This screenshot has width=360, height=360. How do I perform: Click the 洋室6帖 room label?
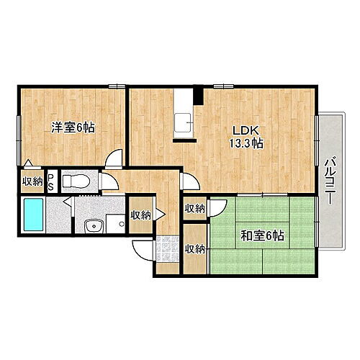[x=73, y=127]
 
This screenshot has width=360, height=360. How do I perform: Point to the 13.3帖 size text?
[x=246, y=144]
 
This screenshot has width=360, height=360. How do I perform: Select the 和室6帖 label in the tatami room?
[x=261, y=235]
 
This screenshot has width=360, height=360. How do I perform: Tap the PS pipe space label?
[x=50, y=181]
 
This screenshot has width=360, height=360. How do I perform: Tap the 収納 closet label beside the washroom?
[x=140, y=215]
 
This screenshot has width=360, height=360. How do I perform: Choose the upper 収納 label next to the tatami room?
[x=194, y=209]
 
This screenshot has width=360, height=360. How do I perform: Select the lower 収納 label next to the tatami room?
[x=194, y=249]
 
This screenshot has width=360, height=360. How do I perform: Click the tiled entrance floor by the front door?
[x=166, y=251]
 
